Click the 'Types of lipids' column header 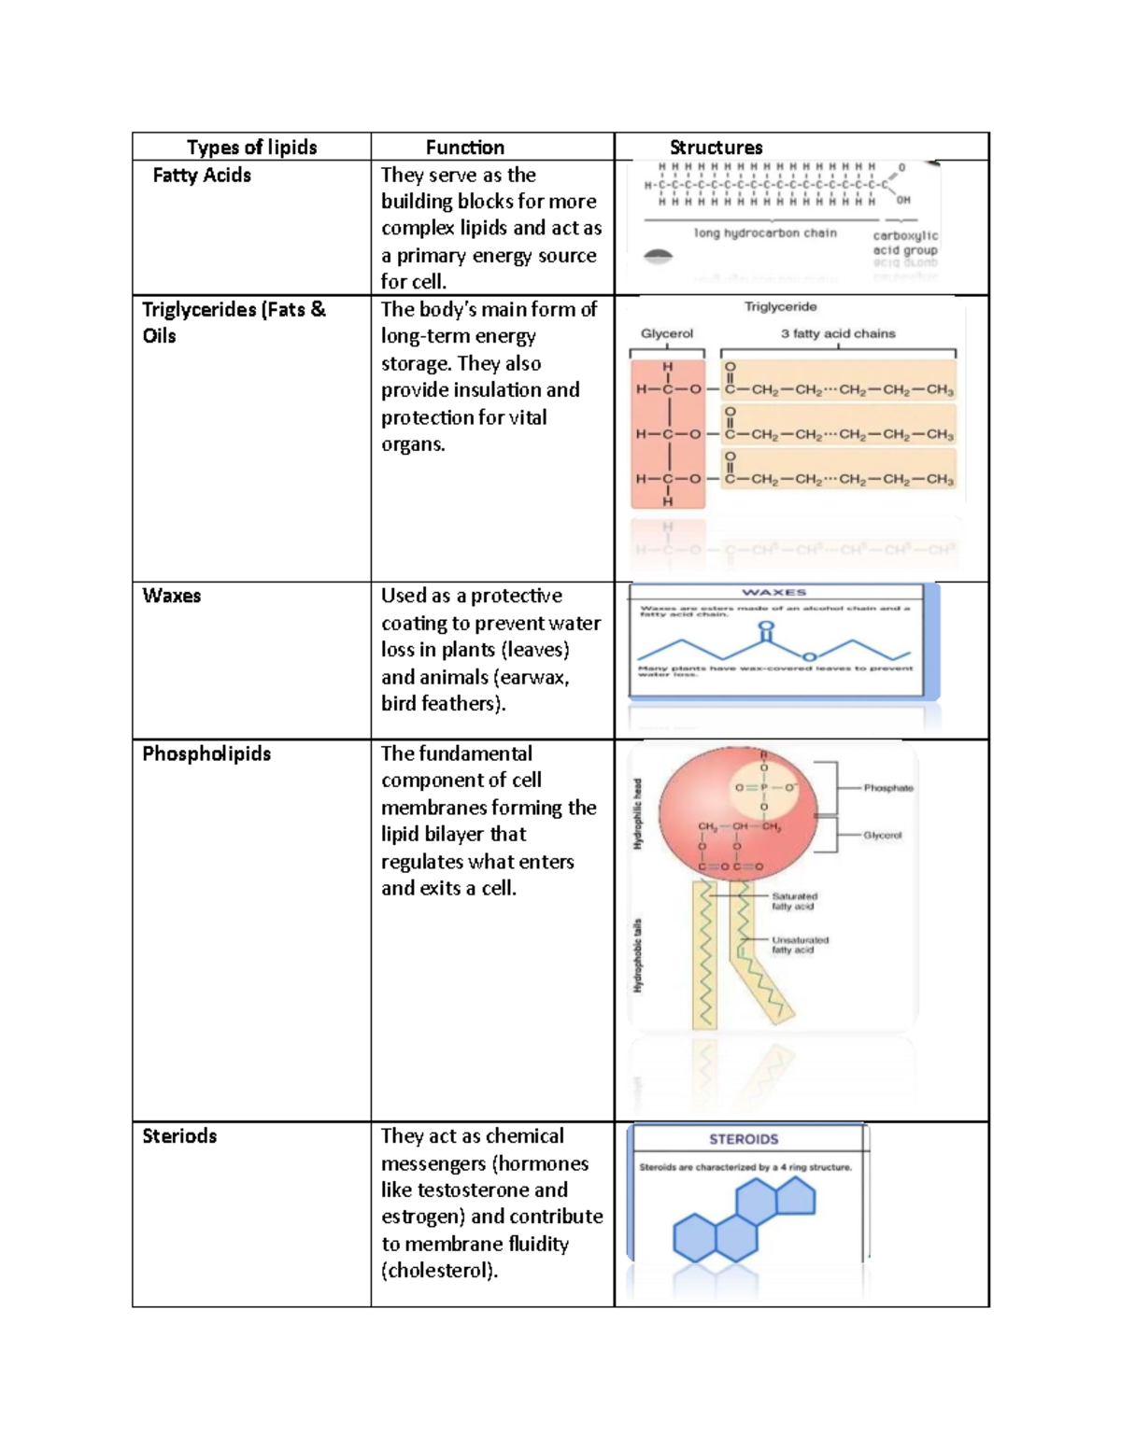(x=251, y=148)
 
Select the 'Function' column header (x=464, y=148)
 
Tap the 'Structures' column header (x=716, y=148)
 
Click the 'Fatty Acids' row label (x=202, y=176)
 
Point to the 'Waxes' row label (x=171, y=596)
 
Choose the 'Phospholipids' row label (x=206, y=753)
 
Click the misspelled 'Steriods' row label (x=179, y=1136)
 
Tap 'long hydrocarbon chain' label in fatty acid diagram (x=765, y=233)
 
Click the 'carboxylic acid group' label (x=904, y=243)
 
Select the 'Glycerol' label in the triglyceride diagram (x=667, y=333)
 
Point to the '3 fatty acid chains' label (x=838, y=333)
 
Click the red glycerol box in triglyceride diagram (x=668, y=434)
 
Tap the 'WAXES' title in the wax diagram (x=773, y=592)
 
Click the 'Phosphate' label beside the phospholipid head (x=887, y=788)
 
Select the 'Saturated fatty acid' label (x=794, y=901)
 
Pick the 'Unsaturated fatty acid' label (x=800, y=945)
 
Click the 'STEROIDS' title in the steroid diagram (x=744, y=1139)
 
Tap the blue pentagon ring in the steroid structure (x=796, y=1197)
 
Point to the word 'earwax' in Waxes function (x=532, y=677)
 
